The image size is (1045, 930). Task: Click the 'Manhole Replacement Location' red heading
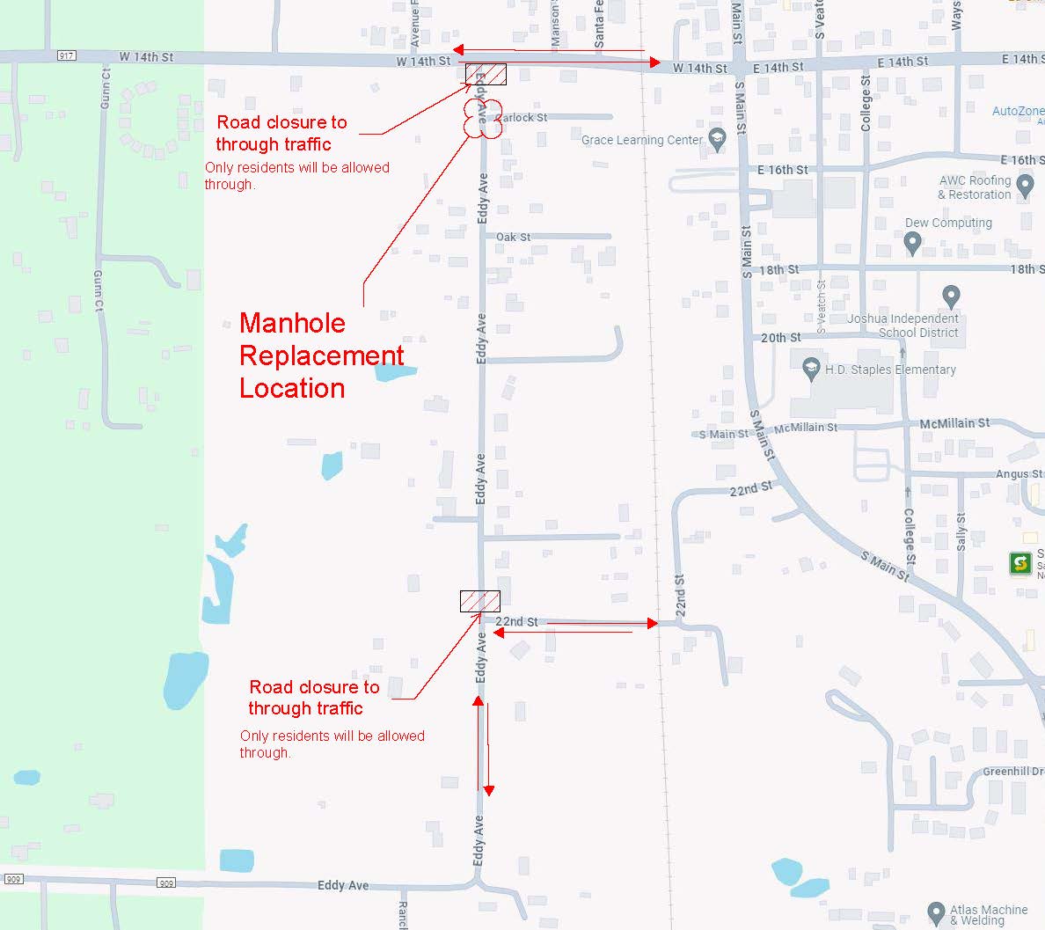click(321, 355)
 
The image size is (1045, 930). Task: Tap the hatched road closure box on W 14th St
click(486, 74)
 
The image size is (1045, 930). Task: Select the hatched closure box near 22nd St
click(480, 601)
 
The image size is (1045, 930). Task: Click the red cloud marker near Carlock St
click(483, 119)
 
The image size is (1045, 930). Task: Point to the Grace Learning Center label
click(642, 140)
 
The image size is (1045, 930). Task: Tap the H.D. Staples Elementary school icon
click(812, 370)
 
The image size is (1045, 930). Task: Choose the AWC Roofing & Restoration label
click(975, 187)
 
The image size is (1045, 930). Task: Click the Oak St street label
click(513, 237)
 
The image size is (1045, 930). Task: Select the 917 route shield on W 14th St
click(67, 56)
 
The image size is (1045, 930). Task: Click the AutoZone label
click(1018, 112)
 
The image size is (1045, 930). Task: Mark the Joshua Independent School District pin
click(950, 296)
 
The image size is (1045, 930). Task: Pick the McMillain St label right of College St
click(954, 423)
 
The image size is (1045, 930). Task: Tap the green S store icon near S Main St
click(1020, 563)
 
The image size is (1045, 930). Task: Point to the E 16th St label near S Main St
click(782, 170)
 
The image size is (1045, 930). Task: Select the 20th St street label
click(780, 338)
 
